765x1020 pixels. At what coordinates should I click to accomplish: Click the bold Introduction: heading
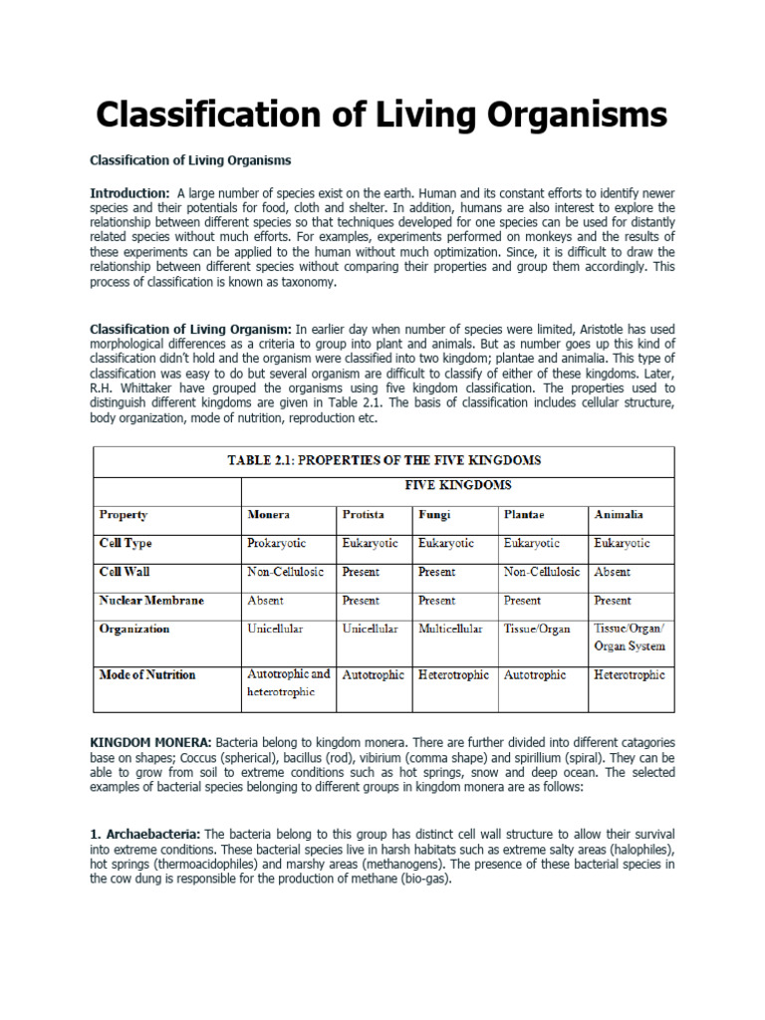click(129, 192)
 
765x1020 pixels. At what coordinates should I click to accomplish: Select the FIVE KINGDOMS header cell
click(457, 485)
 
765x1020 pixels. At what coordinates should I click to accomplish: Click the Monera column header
click(268, 515)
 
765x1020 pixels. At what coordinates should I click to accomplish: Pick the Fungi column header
click(433, 515)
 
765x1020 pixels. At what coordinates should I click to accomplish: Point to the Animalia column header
click(618, 515)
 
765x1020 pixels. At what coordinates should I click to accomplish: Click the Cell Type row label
click(126, 544)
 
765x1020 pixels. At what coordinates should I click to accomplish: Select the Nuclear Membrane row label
click(151, 601)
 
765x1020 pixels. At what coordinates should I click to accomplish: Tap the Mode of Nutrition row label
click(147, 674)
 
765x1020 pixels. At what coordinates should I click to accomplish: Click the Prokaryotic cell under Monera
click(276, 544)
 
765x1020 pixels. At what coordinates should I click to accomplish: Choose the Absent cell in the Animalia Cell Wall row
click(612, 573)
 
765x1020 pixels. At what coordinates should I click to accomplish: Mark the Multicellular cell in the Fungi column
click(450, 630)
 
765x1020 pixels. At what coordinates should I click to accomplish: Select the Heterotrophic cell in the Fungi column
click(453, 674)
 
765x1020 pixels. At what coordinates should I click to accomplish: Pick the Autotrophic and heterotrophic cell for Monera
click(287, 682)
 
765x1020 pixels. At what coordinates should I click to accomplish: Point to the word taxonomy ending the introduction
click(306, 282)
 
